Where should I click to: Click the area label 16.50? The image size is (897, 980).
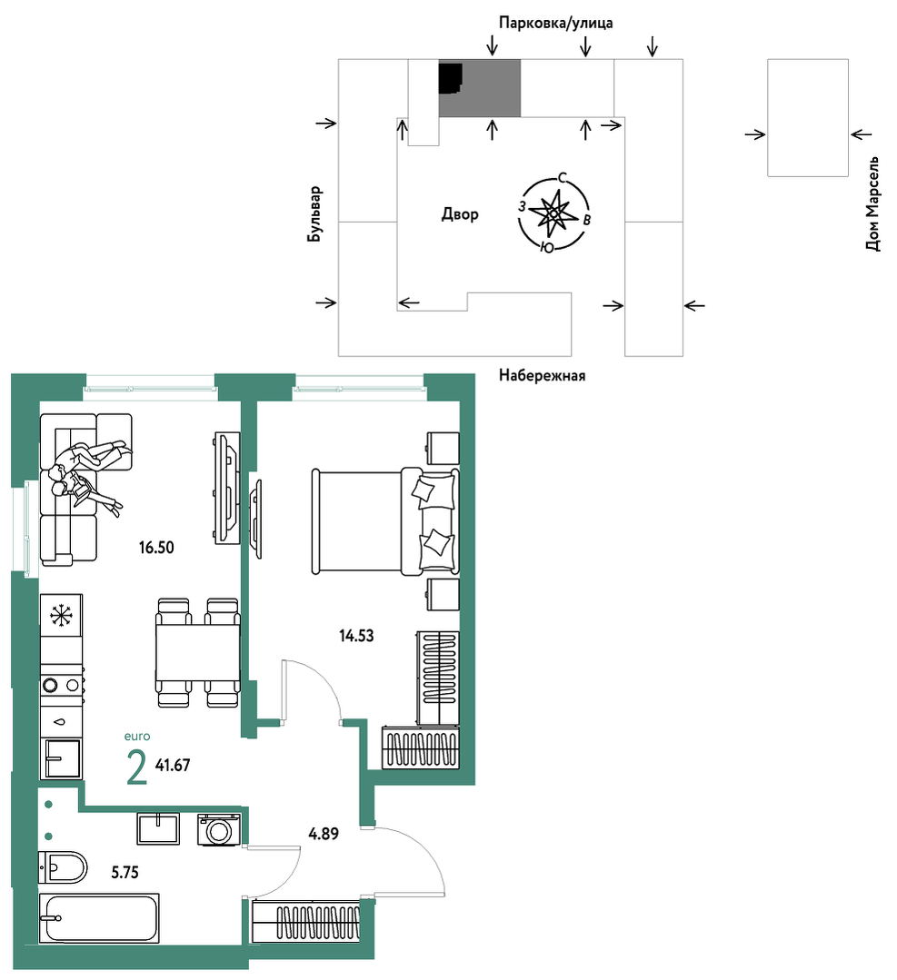tap(156, 548)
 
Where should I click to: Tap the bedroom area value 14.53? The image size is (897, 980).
tap(356, 636)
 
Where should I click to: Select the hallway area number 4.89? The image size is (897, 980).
tap(324, 833)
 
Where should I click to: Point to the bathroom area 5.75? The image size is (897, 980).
tap(125, 872)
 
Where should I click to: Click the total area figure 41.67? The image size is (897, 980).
tap(173, 765)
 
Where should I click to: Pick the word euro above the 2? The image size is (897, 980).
tap(137, 737)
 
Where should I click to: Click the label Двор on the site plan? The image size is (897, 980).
tap(460, 214)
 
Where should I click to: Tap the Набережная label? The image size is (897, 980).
tap(543, 375)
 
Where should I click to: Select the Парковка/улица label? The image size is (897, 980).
tap(555, 23)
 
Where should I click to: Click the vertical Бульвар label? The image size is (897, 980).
tap(314, 214)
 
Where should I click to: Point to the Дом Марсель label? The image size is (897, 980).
tap(872, 203)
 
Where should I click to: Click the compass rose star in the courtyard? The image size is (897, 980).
tap(553, 213)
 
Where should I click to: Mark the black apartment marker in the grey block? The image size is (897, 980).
tap(450, 77)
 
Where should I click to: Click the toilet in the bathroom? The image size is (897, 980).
tap(62, 866)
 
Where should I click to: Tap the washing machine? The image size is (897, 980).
tap(219, 830)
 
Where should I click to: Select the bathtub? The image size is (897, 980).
tap(99, 918)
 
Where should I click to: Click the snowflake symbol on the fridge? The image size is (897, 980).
tap(61, 616)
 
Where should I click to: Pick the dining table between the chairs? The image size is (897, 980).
tap(197, 653)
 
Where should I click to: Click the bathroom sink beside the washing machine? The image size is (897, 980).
tap(158, 828)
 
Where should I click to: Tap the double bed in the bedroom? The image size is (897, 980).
tap(385, 521)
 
